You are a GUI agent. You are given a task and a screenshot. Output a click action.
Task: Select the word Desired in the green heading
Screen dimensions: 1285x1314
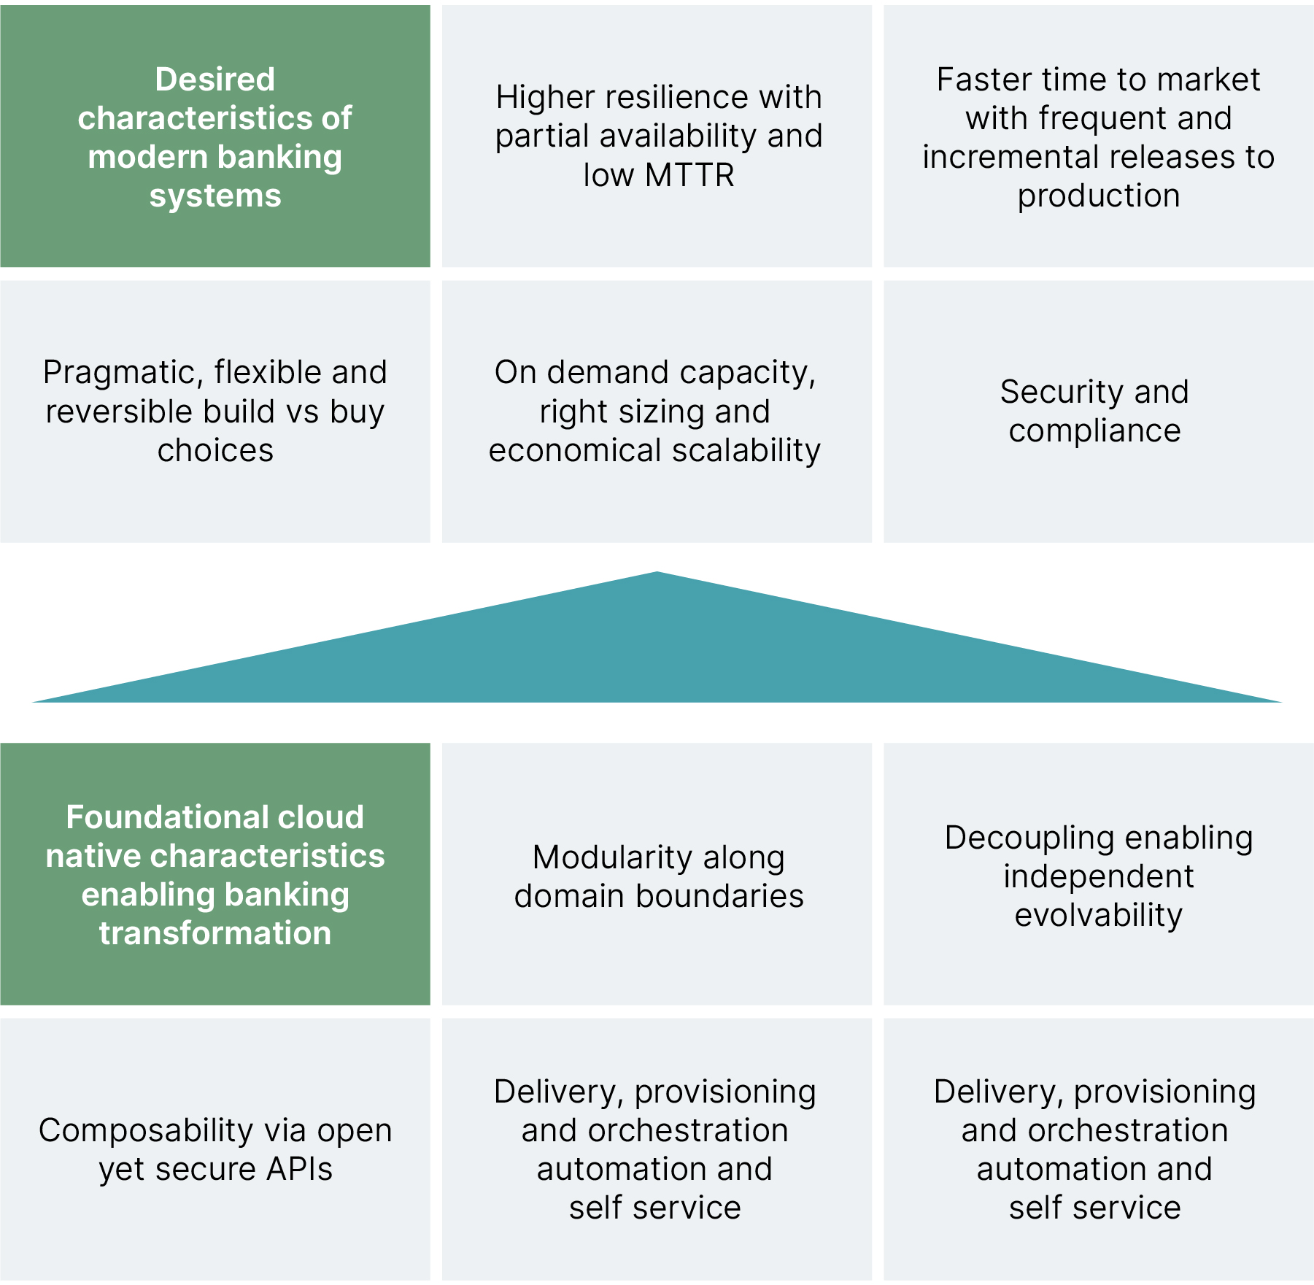(x=215, y=80)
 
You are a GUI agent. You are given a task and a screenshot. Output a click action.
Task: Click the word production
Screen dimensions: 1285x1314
(x=1099, y=196)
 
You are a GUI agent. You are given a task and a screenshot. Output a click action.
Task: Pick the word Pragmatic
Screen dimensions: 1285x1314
(x=123, y=373)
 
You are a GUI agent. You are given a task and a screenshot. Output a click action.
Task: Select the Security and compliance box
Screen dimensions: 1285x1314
(x=1098, y=412)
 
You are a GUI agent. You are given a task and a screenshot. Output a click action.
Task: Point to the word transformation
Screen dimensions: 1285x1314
(x=215, y=933)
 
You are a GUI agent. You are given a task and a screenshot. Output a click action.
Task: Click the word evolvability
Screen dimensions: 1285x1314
(x=1099, y=915)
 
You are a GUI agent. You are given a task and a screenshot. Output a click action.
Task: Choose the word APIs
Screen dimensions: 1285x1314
(x=299, y=1169)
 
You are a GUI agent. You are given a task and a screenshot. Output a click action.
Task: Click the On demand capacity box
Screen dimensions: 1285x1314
(x=657, y=412)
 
